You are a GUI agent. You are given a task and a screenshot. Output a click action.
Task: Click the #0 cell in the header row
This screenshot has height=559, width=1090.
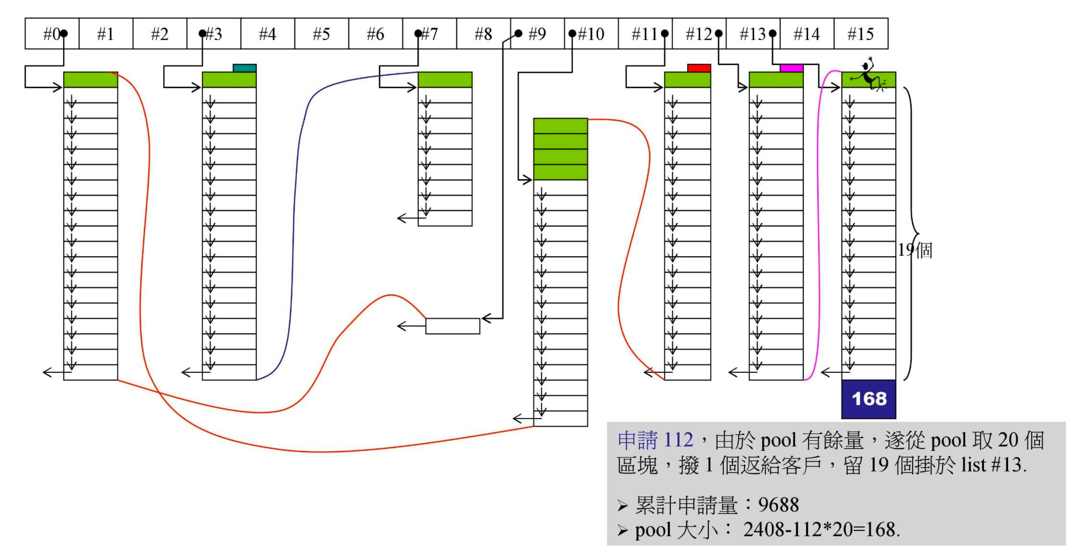coord(52,34)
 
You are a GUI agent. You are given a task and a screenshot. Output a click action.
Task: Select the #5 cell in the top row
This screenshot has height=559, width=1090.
coord(321,34)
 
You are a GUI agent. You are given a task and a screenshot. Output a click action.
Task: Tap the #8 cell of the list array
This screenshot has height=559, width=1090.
coord(483,34)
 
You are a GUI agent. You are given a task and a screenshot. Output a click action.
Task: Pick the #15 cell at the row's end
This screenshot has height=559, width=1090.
coord(861,34)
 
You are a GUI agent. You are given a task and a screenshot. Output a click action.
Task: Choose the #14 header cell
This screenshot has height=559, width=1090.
coord(807,34)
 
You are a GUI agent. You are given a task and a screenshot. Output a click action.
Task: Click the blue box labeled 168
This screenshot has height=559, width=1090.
coord(869,399)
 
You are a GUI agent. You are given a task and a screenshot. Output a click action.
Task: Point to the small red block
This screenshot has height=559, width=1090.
coord(699,68)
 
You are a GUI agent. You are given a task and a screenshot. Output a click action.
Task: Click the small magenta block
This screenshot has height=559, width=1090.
coord(791,68)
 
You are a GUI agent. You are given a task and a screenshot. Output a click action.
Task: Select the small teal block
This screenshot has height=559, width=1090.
coord(245,68)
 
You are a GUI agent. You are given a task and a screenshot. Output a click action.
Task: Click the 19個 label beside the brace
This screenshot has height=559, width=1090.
coord(915,250)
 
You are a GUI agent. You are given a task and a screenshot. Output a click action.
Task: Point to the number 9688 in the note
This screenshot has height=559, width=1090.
coord(778,505)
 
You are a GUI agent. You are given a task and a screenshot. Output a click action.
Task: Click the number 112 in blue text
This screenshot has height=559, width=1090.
coord(678,440)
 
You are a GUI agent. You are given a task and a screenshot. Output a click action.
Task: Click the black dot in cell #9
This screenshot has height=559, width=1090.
coord(518,33)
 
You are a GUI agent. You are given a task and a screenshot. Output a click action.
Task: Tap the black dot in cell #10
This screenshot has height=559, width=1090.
coord(572,33)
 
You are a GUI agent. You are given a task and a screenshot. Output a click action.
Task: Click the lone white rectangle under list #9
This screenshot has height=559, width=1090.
coord(453,326)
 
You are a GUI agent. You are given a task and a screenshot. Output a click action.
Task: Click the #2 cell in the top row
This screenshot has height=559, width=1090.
coord(160,34)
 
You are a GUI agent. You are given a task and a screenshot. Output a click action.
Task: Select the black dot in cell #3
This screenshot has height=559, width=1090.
coord(203,33)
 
